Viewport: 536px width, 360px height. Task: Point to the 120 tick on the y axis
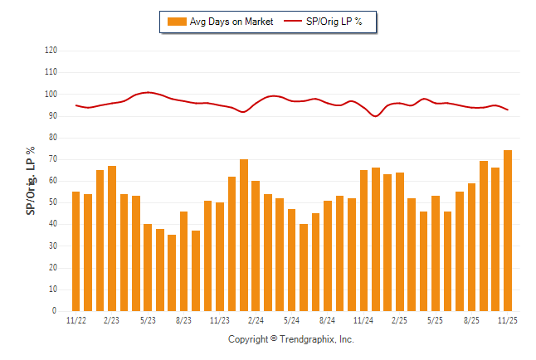pyautogui.click(x=51, y=51)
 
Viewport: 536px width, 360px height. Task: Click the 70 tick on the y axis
pyautogui.click(x=53, y=159)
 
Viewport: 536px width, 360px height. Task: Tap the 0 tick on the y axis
pyautogui.click(x=55, y=311)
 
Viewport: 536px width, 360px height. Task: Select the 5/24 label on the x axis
pyautogui.click(x=291, y=320)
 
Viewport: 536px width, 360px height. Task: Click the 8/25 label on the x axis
pyautogui.click(x=471, y=320)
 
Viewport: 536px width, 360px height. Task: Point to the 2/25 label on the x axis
pyautogui.click(x=399, y=320)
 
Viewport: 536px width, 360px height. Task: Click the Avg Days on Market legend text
pyautogui.click(x=231, y=22)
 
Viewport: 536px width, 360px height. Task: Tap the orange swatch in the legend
pyautogui.click(x=177, y=22)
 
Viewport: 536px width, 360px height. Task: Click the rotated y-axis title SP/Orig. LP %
pyautogui.click(x=31, y=182)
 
